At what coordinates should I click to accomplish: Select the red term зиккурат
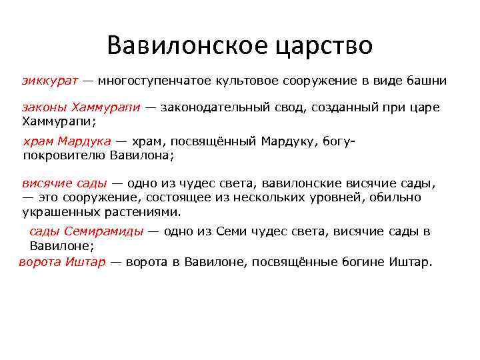(x=50, y=81)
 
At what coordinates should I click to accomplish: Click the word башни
(x=426, y=81)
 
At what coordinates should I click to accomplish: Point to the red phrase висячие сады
(x=64, y=183)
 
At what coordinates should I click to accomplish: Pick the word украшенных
(x=57, y=212)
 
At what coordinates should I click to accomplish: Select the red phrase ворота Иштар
(x=62, y=261)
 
